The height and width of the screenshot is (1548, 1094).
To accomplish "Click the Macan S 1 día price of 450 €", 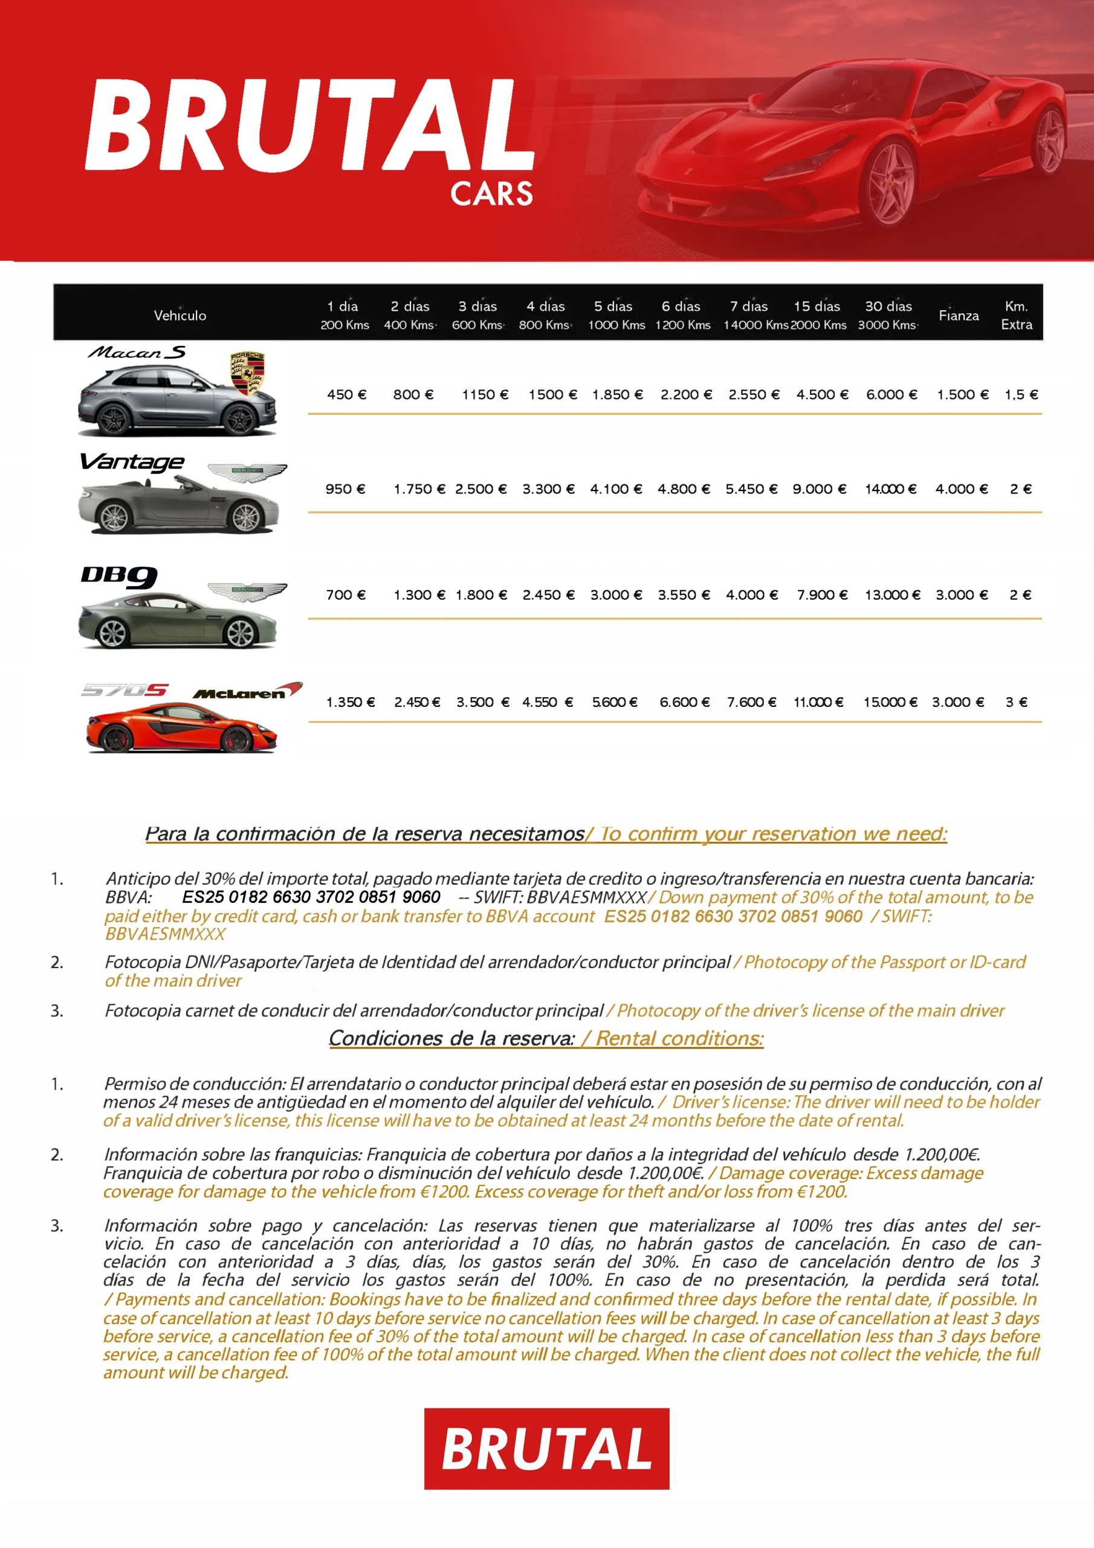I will coord(346,394).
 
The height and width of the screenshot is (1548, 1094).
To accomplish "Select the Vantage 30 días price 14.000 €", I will coord(890,489).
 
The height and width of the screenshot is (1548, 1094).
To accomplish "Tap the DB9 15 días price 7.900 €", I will coord(821,594).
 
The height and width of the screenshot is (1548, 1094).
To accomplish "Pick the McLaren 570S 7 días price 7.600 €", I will coord(751,702).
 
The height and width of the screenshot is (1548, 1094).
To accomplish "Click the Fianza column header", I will coord(958,316).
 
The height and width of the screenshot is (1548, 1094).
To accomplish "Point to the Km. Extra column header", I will coord(1016,316).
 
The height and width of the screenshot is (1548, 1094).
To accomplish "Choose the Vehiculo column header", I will coord(180,316).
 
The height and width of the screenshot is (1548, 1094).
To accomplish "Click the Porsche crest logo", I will coord(247,373).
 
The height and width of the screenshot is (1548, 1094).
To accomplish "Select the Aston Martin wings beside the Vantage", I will coord(247,472).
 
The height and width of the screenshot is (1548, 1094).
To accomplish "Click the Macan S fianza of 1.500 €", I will coord(963,394).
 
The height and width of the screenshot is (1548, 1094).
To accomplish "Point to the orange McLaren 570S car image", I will coord(181,728).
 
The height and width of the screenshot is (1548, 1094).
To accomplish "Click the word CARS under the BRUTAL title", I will coord(491,194).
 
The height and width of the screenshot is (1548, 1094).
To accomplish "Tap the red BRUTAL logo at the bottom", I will coord(546,1448).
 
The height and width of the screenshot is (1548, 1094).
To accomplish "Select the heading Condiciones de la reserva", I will coord(452,1038).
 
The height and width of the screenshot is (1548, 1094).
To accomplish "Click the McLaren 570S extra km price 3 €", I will coord(1016,702).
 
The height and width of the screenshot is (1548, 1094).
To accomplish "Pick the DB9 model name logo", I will coord(118,576).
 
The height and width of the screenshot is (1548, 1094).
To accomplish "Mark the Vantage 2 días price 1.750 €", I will coord(419,489).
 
